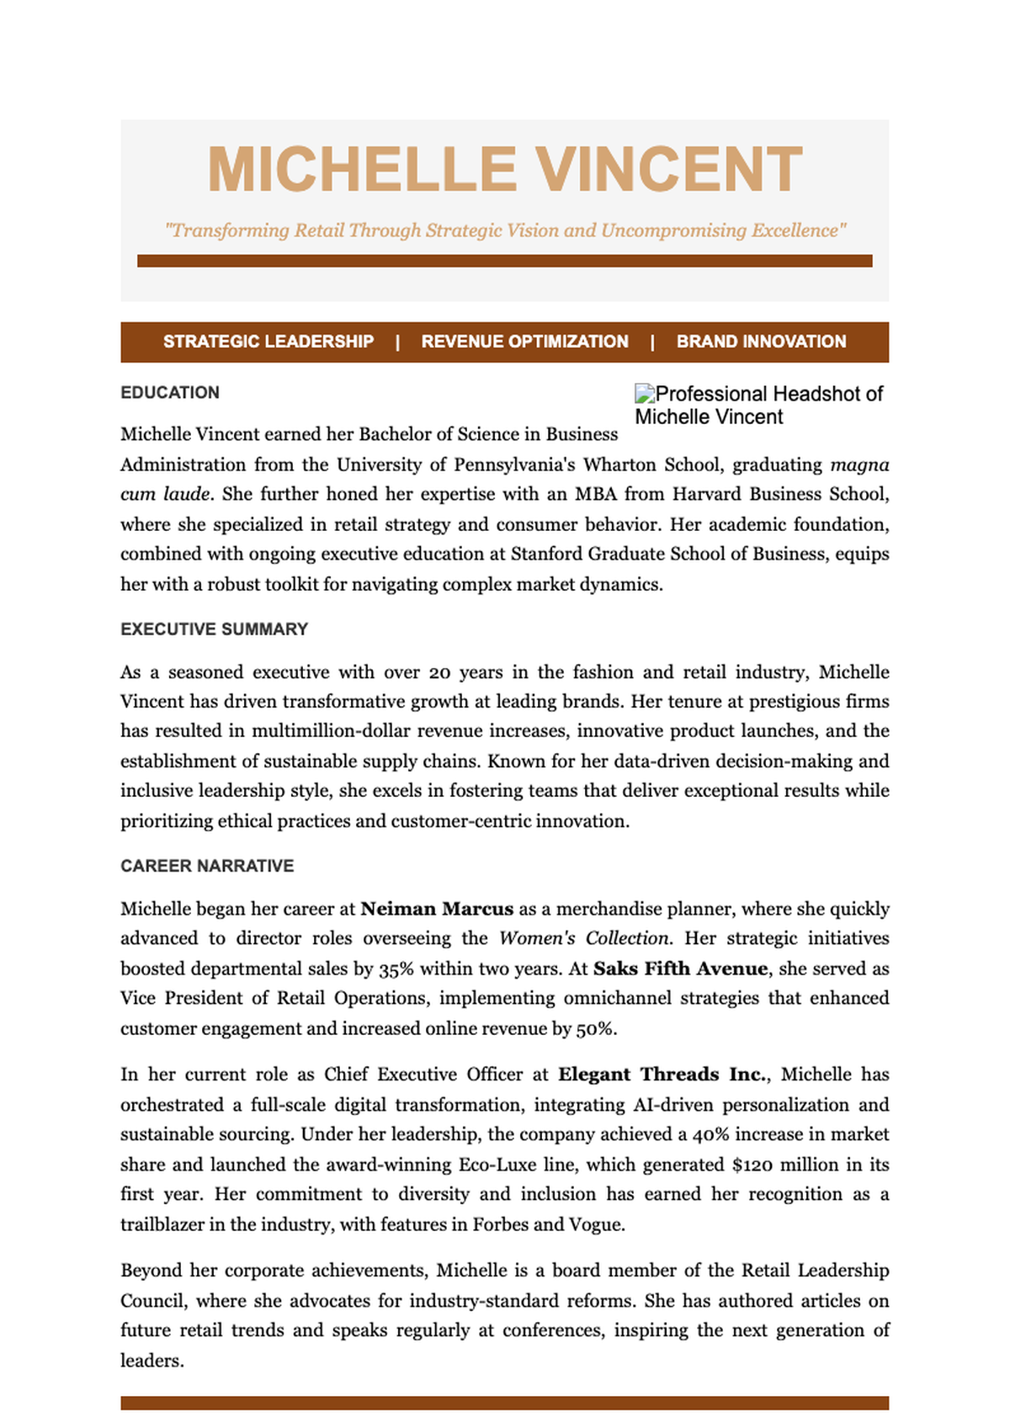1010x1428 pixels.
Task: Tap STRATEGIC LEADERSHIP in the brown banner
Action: click(268, 342)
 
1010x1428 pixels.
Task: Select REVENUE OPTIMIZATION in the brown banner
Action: click(524, 342)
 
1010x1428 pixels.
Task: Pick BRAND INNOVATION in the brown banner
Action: click(761, 342)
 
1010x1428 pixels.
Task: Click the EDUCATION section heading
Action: click(170, 393)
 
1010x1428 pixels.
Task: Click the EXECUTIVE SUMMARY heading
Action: click(214, 629)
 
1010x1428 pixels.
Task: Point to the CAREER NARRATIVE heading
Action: click(207, 866)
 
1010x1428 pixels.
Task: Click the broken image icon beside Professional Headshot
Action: click(645, 393)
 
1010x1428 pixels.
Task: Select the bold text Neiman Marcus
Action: click(437, 909)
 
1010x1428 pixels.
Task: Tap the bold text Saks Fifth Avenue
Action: click(680, 969)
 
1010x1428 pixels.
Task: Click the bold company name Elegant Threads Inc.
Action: click(663, 1075)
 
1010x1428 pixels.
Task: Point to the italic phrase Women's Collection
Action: click(584, 938)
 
